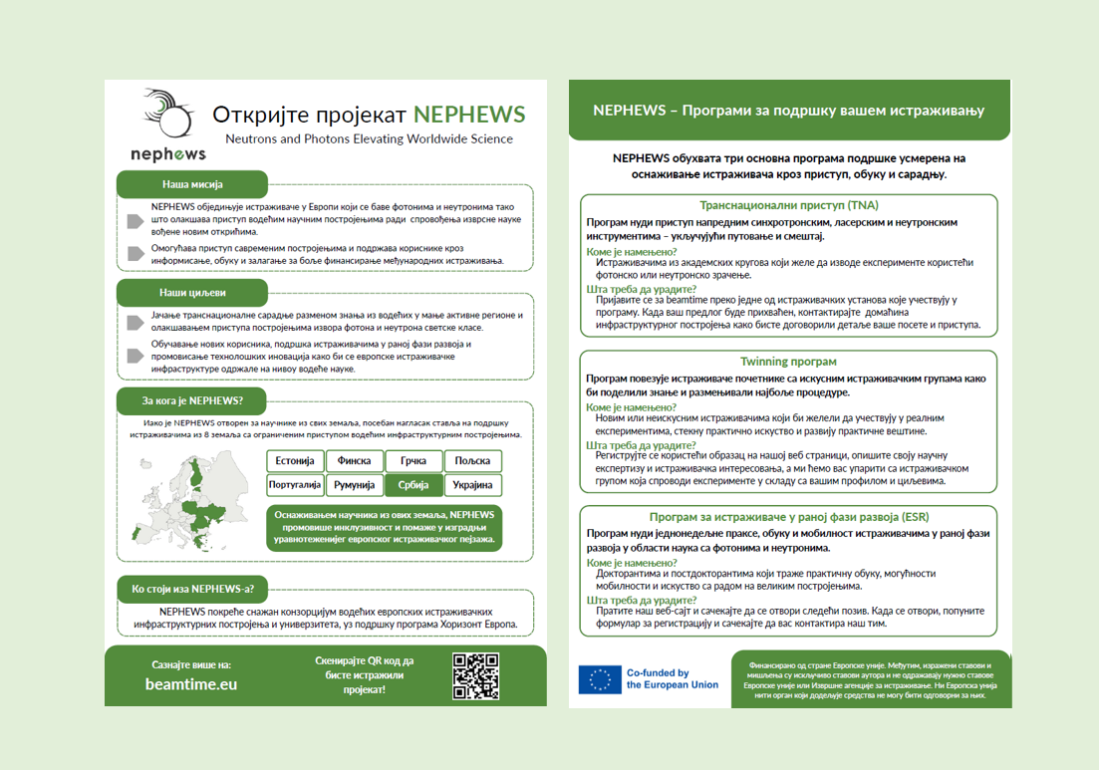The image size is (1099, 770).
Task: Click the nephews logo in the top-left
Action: click(167, 125)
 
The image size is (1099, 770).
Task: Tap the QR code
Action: click(475, 676)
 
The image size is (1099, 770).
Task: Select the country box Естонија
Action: click(295, 461)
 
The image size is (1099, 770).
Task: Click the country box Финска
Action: click(354, 461)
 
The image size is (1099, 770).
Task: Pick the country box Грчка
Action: click(413, 461)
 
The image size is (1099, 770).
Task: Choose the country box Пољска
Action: click(472, 461)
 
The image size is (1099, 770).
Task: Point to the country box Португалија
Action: click(295, 485)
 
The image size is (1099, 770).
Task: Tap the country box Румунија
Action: click(354, 485)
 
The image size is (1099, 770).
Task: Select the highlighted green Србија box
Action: click(413, 485)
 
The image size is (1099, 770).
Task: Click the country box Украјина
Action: click(472, 485)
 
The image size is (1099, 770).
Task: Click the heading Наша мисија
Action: click(192, 184)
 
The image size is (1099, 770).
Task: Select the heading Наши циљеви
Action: click(192, 293)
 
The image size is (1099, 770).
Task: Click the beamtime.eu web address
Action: click(191, 684)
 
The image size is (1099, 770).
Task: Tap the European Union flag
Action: click(600, 679)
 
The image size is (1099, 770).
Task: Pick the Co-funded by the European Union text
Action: click(672, 679)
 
